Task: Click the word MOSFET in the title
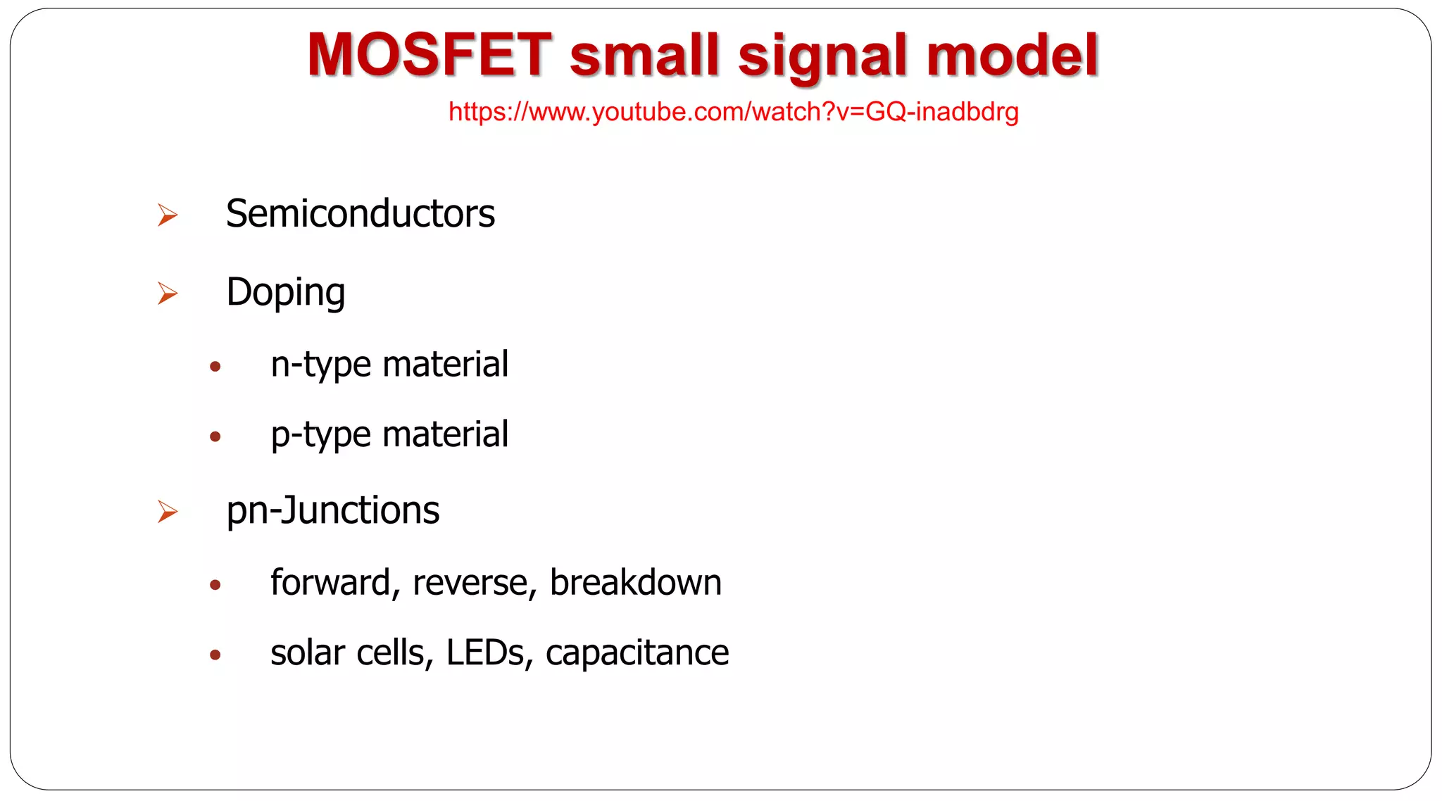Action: point(429,55)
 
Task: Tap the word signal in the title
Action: point(822,56)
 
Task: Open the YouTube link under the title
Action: point(733,112)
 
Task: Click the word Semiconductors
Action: point(360,214)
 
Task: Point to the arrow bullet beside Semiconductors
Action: point(168,215)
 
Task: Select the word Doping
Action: point(285,293)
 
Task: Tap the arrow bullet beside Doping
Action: point(168,293)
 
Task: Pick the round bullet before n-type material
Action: point(215,366)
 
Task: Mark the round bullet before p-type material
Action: point(215,436)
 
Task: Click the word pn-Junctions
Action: point(332,511)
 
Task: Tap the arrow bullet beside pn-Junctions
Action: point(168,512)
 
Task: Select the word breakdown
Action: point(635,583)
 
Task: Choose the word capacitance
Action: point(637,653)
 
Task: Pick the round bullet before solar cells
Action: point(215,655)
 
